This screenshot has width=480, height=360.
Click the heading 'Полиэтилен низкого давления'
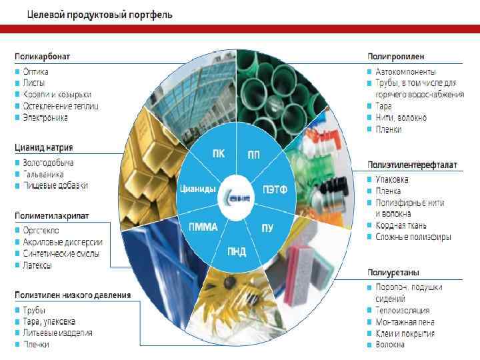click(73, 295)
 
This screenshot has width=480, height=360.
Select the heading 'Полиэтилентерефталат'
click(412, 165)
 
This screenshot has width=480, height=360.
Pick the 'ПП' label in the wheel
click(254, 155)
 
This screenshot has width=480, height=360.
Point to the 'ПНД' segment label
click(236, 251)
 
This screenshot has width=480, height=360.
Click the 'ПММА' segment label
click(203, 227)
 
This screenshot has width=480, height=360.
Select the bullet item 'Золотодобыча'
click(48, 162)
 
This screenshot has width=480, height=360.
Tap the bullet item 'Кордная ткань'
click(401, 225)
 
